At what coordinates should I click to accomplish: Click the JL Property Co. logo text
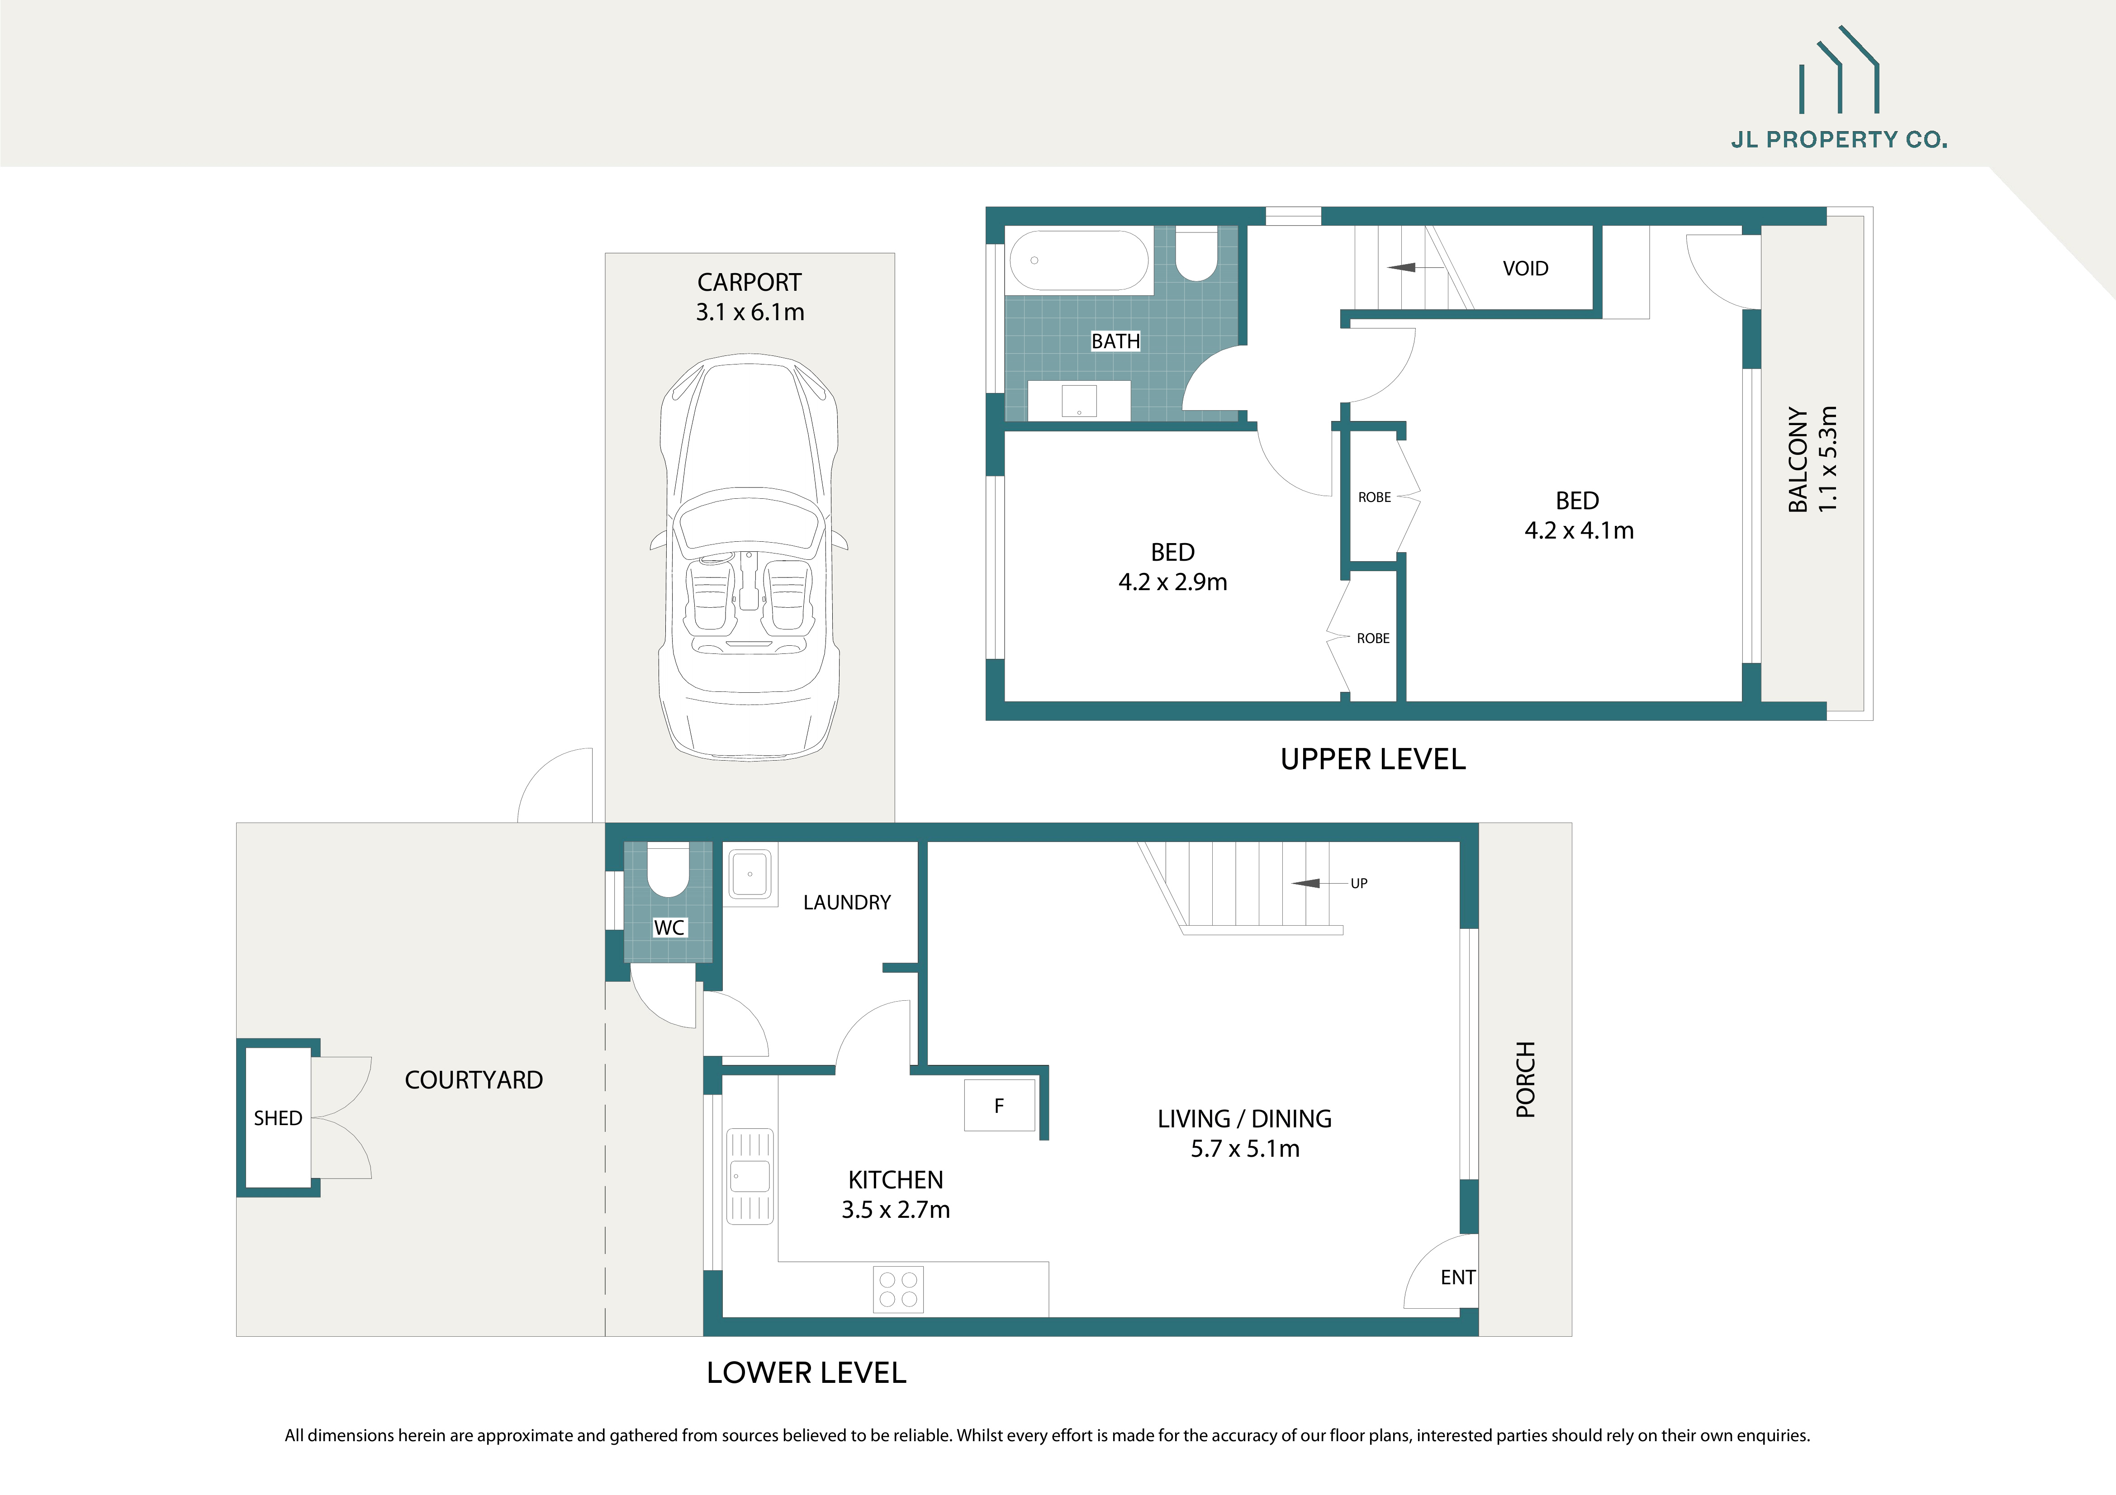click(x=1839, y=140)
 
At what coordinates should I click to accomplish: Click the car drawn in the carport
click(x=748, y=557)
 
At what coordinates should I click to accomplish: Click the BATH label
click(x=1115, y=341)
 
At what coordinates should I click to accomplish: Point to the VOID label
click(x=1525, y=268)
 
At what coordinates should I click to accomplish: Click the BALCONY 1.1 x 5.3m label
click(x=1812, y=459)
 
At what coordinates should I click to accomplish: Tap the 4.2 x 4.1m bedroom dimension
click(x=1579, y=530)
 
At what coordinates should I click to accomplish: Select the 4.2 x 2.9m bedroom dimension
click(x=1172, y=582)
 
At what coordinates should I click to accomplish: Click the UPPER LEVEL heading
click(x=1372, y=759)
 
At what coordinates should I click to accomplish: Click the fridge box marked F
click(x=999, y=1105)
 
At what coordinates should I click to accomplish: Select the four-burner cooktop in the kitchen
click(x=897, y=1289)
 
